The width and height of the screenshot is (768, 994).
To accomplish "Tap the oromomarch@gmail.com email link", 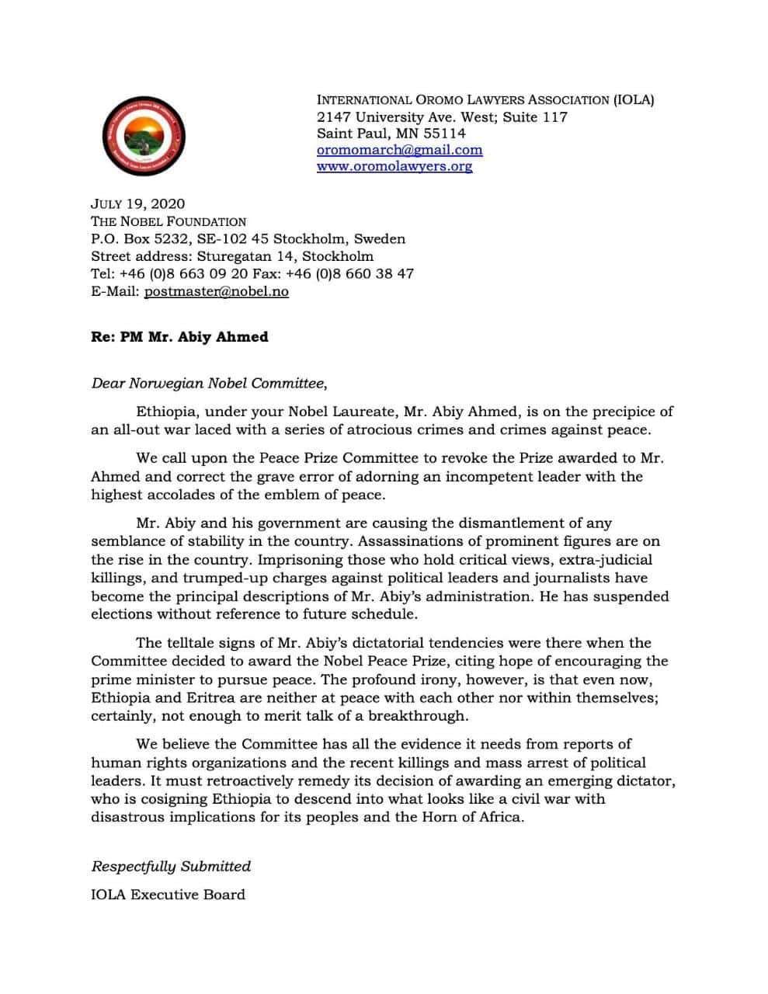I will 399,150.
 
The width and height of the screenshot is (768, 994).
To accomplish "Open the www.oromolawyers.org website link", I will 394,166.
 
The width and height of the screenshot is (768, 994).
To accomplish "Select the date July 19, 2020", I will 138,204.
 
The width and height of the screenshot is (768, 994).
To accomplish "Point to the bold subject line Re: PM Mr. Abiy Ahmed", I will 179,337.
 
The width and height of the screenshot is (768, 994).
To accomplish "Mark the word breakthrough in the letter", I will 424,716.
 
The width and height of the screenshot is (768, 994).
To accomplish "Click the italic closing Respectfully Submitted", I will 171,866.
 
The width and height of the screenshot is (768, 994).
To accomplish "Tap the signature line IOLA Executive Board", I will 168,895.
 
